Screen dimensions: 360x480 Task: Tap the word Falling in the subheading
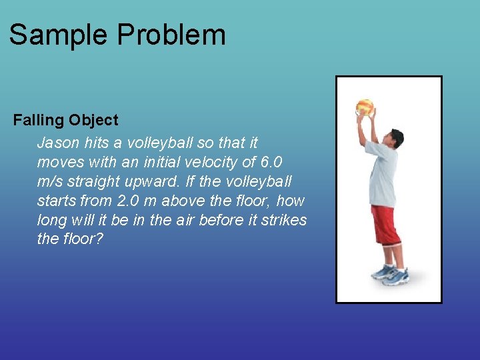pyautogui.click(x=37, y=121)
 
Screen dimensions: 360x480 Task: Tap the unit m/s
pyautogui.click(x=52, y=181)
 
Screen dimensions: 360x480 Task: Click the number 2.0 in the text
pyautogui.click(x=130, y=201)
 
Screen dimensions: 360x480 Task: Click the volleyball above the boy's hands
pyautogui.click(x=365, y=107)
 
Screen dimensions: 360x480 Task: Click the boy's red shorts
pyautogui.click(x=386, y=225)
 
